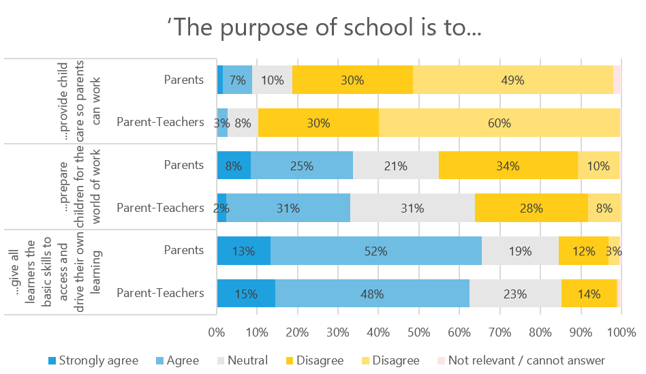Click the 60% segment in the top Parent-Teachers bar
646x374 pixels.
coord(499,123)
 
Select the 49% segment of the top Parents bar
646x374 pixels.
coord(512,80)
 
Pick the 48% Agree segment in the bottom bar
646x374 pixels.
coord(372,294)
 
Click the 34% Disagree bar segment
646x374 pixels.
coord(508,165)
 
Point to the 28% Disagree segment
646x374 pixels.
coord(532,208)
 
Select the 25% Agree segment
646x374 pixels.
coord(301,165)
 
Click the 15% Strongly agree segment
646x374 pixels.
coord(246,294)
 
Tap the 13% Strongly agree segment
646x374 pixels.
coord(243,251)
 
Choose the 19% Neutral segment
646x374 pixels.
coord(520,251)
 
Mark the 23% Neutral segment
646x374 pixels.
coord(515,294)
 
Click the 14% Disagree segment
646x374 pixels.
coord(589,294)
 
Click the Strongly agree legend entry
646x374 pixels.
coord(93,360)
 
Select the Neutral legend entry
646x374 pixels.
coord(243,360)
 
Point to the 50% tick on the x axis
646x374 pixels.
coord(418,334)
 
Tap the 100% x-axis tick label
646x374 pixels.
coord(620,334)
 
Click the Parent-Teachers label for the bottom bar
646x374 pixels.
coord(161,294)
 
